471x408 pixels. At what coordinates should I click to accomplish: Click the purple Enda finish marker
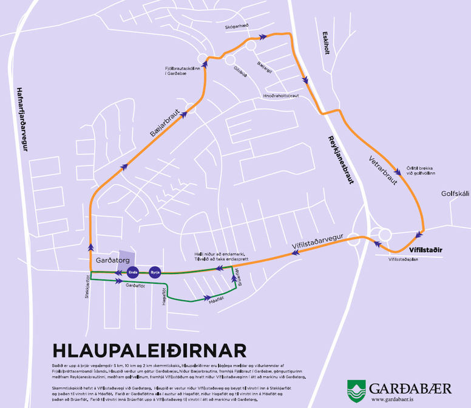pos(132,272)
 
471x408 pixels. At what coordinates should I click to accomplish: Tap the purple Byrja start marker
pos(157,272)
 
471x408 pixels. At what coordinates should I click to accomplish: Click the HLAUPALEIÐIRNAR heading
pos(149,350)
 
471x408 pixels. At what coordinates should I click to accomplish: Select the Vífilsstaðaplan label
pos(403,258)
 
